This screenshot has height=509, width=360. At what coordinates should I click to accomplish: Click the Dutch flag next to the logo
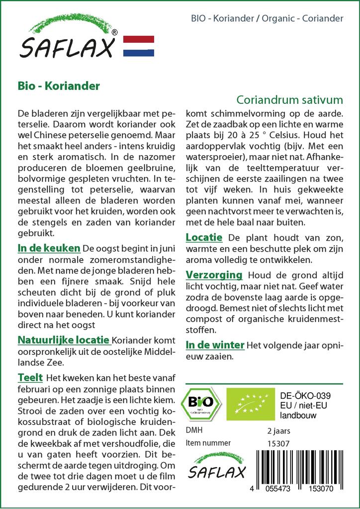138,46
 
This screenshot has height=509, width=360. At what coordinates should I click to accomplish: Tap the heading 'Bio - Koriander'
59,85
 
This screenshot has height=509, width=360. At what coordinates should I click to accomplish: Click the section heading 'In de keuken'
49,248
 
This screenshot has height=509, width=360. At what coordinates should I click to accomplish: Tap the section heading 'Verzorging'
214,274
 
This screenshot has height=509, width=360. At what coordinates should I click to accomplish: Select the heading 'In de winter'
215,344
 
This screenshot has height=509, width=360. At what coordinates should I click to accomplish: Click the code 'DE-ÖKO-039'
305,396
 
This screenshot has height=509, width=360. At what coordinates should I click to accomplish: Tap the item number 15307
277,443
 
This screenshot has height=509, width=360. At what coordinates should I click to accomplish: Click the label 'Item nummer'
208,443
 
